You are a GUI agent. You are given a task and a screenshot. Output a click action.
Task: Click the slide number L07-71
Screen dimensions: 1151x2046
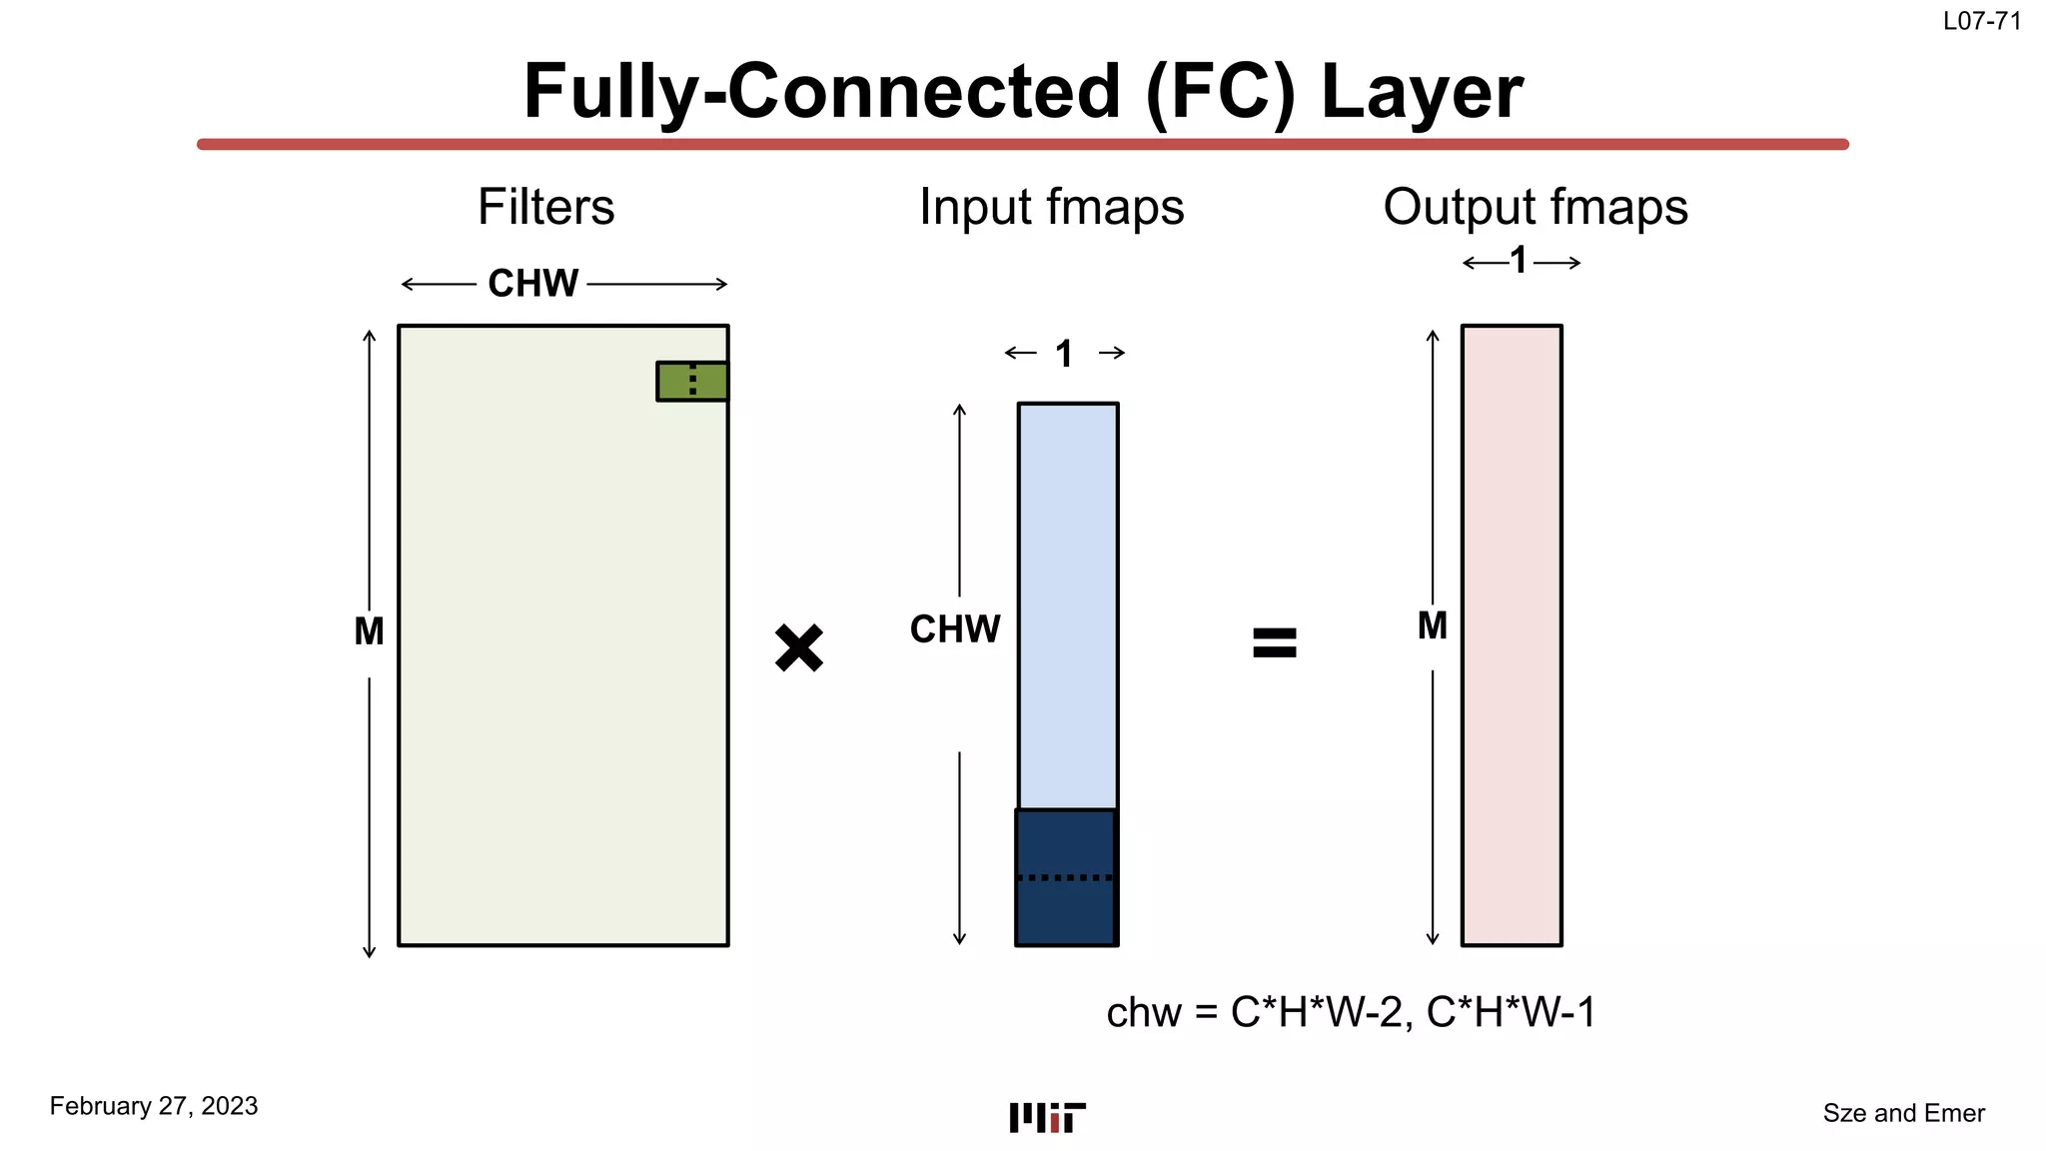(1982, 21)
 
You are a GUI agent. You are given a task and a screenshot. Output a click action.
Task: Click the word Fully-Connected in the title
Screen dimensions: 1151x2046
(820, 92)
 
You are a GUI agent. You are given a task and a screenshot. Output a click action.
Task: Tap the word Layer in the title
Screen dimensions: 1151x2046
(1422, 92)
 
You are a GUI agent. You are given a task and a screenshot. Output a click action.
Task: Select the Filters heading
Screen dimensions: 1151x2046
(545, 208)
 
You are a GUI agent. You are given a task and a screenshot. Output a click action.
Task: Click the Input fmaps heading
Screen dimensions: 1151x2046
(1051, 208)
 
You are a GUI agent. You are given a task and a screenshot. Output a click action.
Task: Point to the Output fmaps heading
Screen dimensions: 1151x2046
(1535, 208)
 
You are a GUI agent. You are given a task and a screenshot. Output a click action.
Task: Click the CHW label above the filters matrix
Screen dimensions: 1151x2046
(532, 284)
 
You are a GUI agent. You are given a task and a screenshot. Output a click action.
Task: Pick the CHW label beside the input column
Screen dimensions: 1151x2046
(954, 629)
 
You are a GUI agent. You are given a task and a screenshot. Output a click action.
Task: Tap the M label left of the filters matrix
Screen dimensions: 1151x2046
(369, 631)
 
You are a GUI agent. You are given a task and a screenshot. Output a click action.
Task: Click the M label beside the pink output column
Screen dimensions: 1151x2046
(1433, 626)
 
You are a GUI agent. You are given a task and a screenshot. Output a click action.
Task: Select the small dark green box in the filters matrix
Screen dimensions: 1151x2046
(691, 381)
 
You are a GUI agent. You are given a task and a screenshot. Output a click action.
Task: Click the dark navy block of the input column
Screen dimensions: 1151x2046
(1066, 876)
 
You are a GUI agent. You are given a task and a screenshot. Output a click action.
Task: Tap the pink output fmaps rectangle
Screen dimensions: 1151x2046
(1512, 634)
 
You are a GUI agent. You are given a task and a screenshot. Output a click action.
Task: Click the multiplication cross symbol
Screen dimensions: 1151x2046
(799, 647)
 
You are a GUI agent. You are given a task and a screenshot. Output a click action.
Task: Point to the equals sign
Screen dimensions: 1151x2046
(1275, 642)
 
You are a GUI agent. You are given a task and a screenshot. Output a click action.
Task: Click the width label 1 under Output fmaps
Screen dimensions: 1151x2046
(1520, 262)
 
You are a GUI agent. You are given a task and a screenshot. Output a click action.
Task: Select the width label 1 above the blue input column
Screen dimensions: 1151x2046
(1064, 354)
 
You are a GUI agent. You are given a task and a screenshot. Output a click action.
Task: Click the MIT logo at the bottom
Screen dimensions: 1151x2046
(1047, 1117)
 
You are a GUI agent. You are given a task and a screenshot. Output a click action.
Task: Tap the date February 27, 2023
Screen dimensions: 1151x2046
(154, 1106)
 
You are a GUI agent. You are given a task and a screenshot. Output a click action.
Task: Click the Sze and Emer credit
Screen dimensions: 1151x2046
(1903, 1113)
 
